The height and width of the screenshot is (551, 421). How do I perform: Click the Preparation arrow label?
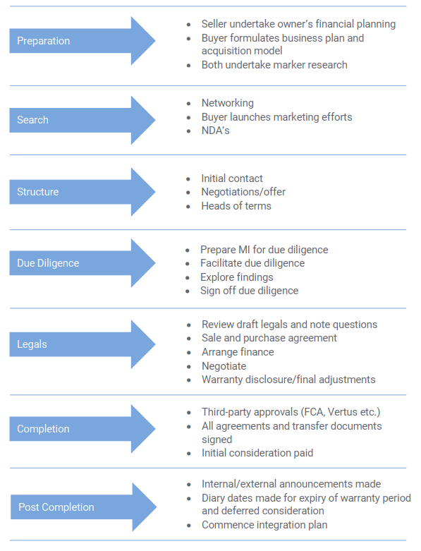tap(44, 41)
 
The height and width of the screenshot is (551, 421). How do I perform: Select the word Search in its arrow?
tap(32, 120)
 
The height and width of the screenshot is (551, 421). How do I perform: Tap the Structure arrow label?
tap(38, 192)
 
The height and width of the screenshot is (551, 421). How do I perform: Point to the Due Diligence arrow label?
tap(48, 263)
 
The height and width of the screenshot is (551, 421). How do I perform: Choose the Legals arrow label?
tap(32, 344)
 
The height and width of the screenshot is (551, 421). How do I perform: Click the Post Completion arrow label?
tap(56, 507)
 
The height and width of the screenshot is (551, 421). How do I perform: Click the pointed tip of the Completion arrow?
tap(155, 429)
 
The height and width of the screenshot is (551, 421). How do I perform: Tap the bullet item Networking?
tap(228, 103)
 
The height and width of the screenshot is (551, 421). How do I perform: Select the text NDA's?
tap(216, 131)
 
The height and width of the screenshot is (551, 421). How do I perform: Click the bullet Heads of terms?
tap(236, 206)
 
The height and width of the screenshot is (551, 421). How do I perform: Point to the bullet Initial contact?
tap(232, 178)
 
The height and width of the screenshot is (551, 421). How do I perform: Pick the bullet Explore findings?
tap(237, 277)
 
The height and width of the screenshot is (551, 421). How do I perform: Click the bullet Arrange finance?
tap(238, 352)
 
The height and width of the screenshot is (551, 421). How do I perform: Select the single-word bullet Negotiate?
tap(224, 366)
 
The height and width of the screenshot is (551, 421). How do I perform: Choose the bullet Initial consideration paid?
tap(257, 453)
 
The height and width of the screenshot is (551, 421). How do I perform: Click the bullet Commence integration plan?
tap(264, 525)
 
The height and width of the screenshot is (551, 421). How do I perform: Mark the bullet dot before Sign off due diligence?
tap(188, 291)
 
